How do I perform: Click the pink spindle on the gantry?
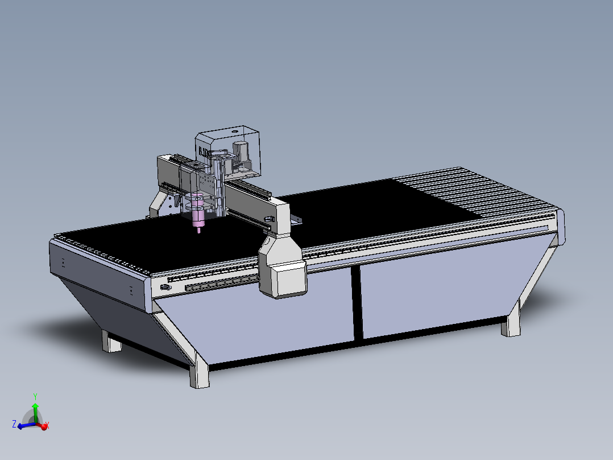point(198,211)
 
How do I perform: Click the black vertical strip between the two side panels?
point(356,302)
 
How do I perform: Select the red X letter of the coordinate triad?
point(47,425)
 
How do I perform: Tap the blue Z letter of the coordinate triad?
point(14,424)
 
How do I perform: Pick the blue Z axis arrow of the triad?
point(24,425)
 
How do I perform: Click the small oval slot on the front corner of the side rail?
point(165,287)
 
